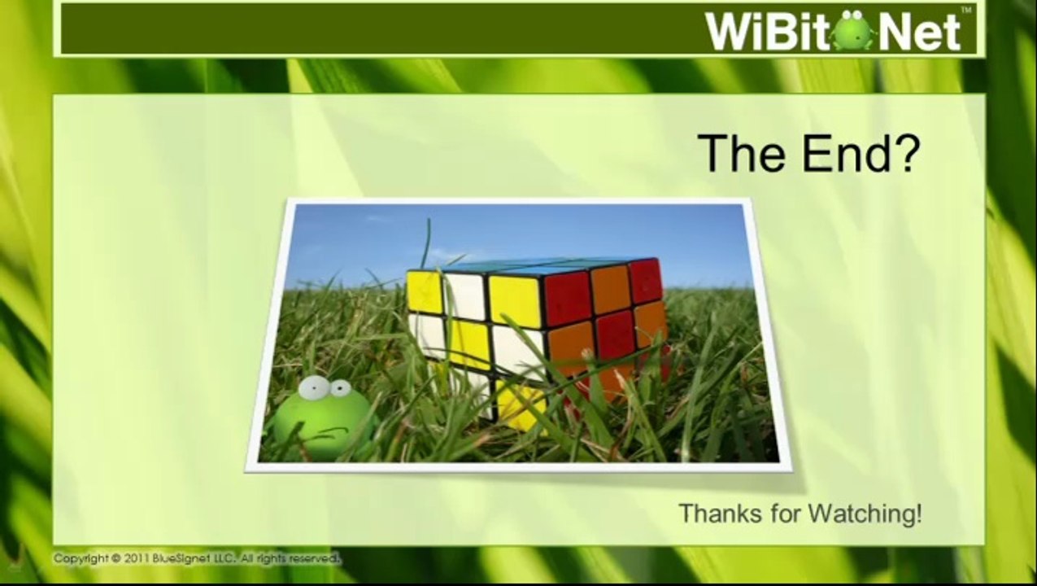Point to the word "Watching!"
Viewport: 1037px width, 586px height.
coord(865,514)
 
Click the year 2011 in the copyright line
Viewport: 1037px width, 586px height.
coord(137,558)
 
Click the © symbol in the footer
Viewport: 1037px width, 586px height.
coord(116,558)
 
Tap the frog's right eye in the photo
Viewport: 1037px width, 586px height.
coord(339,389)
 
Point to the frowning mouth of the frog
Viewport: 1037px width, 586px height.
coord(329,431)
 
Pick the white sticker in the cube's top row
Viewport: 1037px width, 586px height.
coord(466,296)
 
